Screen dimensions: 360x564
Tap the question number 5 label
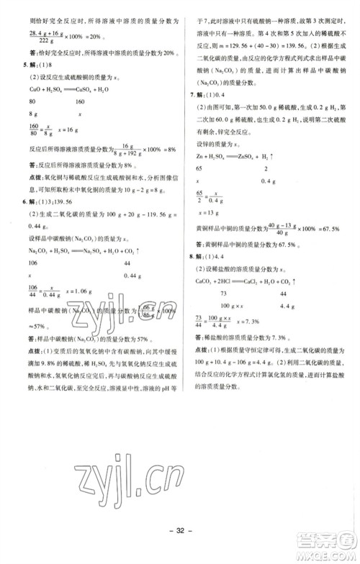coord(7,50)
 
